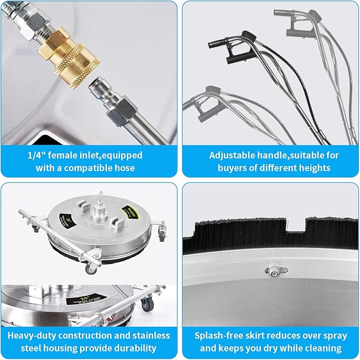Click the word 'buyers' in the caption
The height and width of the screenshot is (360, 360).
pyautogui.click(x=231, y=168)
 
